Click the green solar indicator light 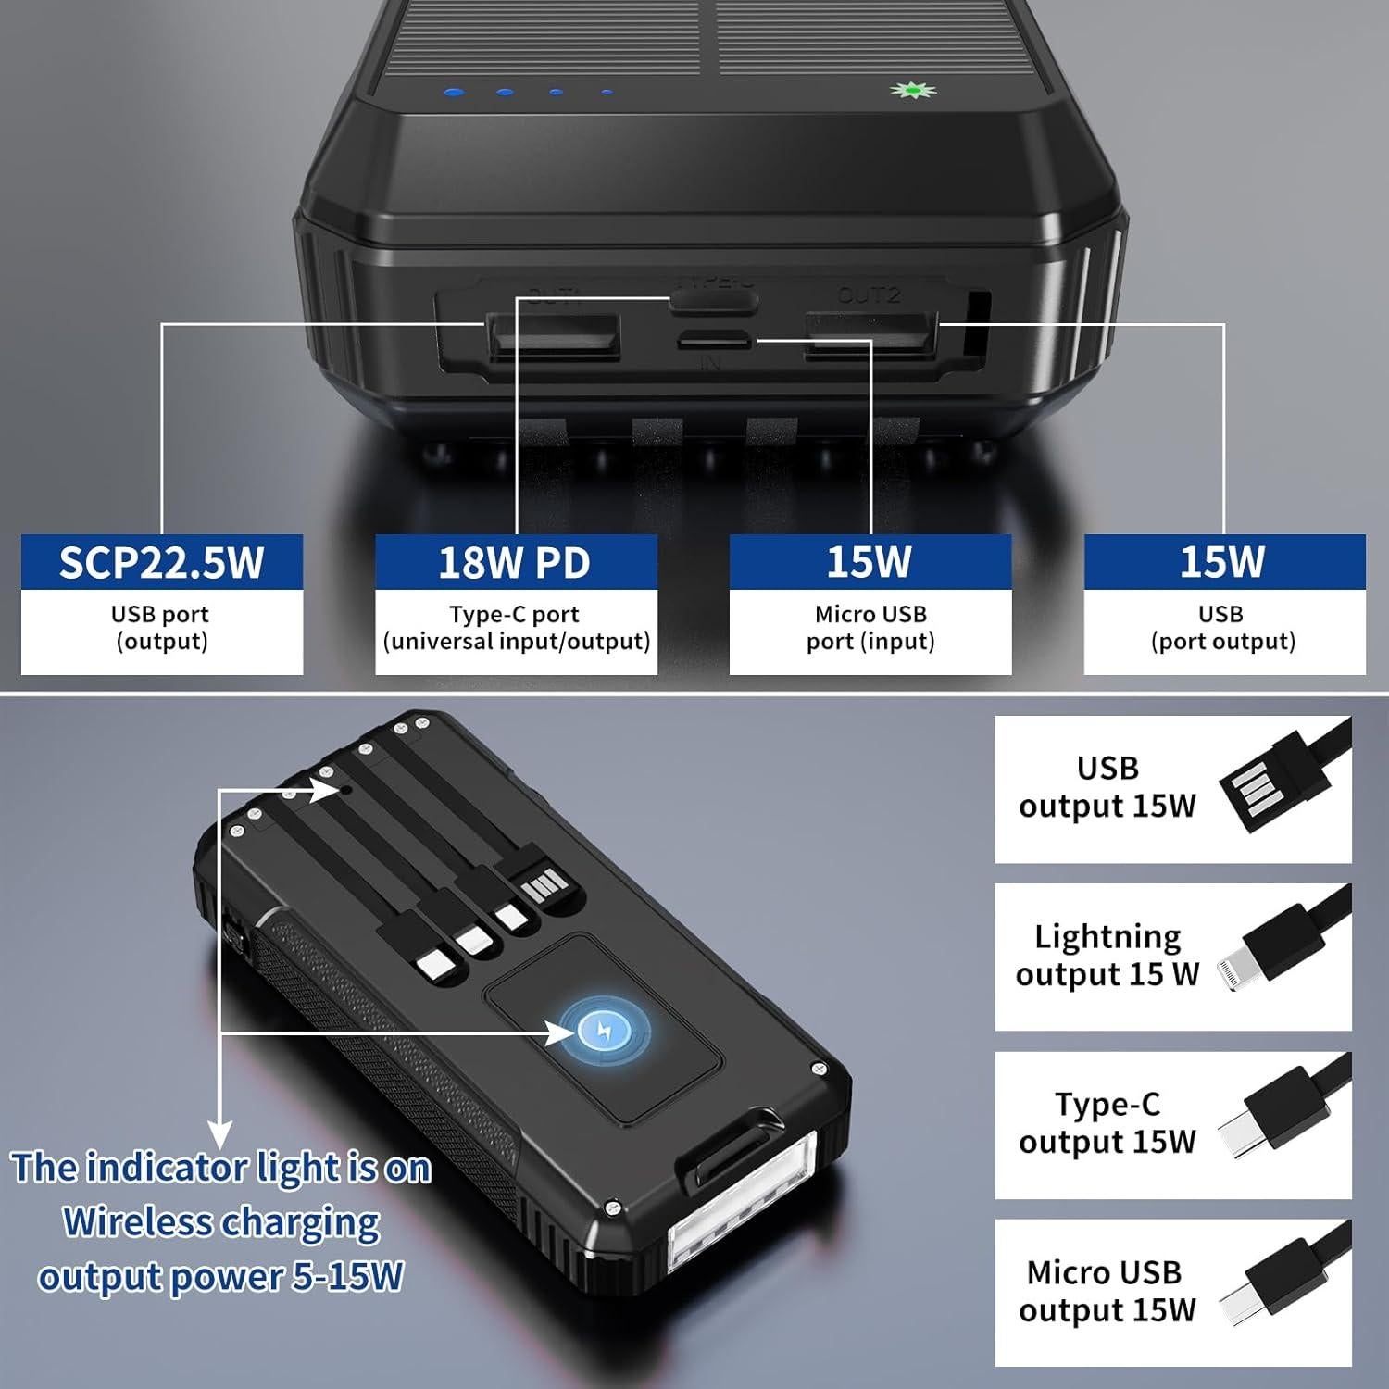click(x=912, y=91)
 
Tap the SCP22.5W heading click(x=162, y=562)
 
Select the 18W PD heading click(x=515, y=562)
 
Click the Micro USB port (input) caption click(x=870, y=628)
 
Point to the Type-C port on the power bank click(x=714, y=300)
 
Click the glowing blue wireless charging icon click(x=606, y=1029)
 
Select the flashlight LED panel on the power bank click(x=741, y=1213)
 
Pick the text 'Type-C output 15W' click(x=1107, y=1123)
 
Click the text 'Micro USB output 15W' click(x=1107, y=1292)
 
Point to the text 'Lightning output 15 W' click(x=1107, y=956)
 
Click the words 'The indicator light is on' click(x=222, y=1169)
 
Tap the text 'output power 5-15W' click(x=220, y=1277)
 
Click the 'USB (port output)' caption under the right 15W click(x=1222, y=628)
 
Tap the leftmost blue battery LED click(x=454, y=93)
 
